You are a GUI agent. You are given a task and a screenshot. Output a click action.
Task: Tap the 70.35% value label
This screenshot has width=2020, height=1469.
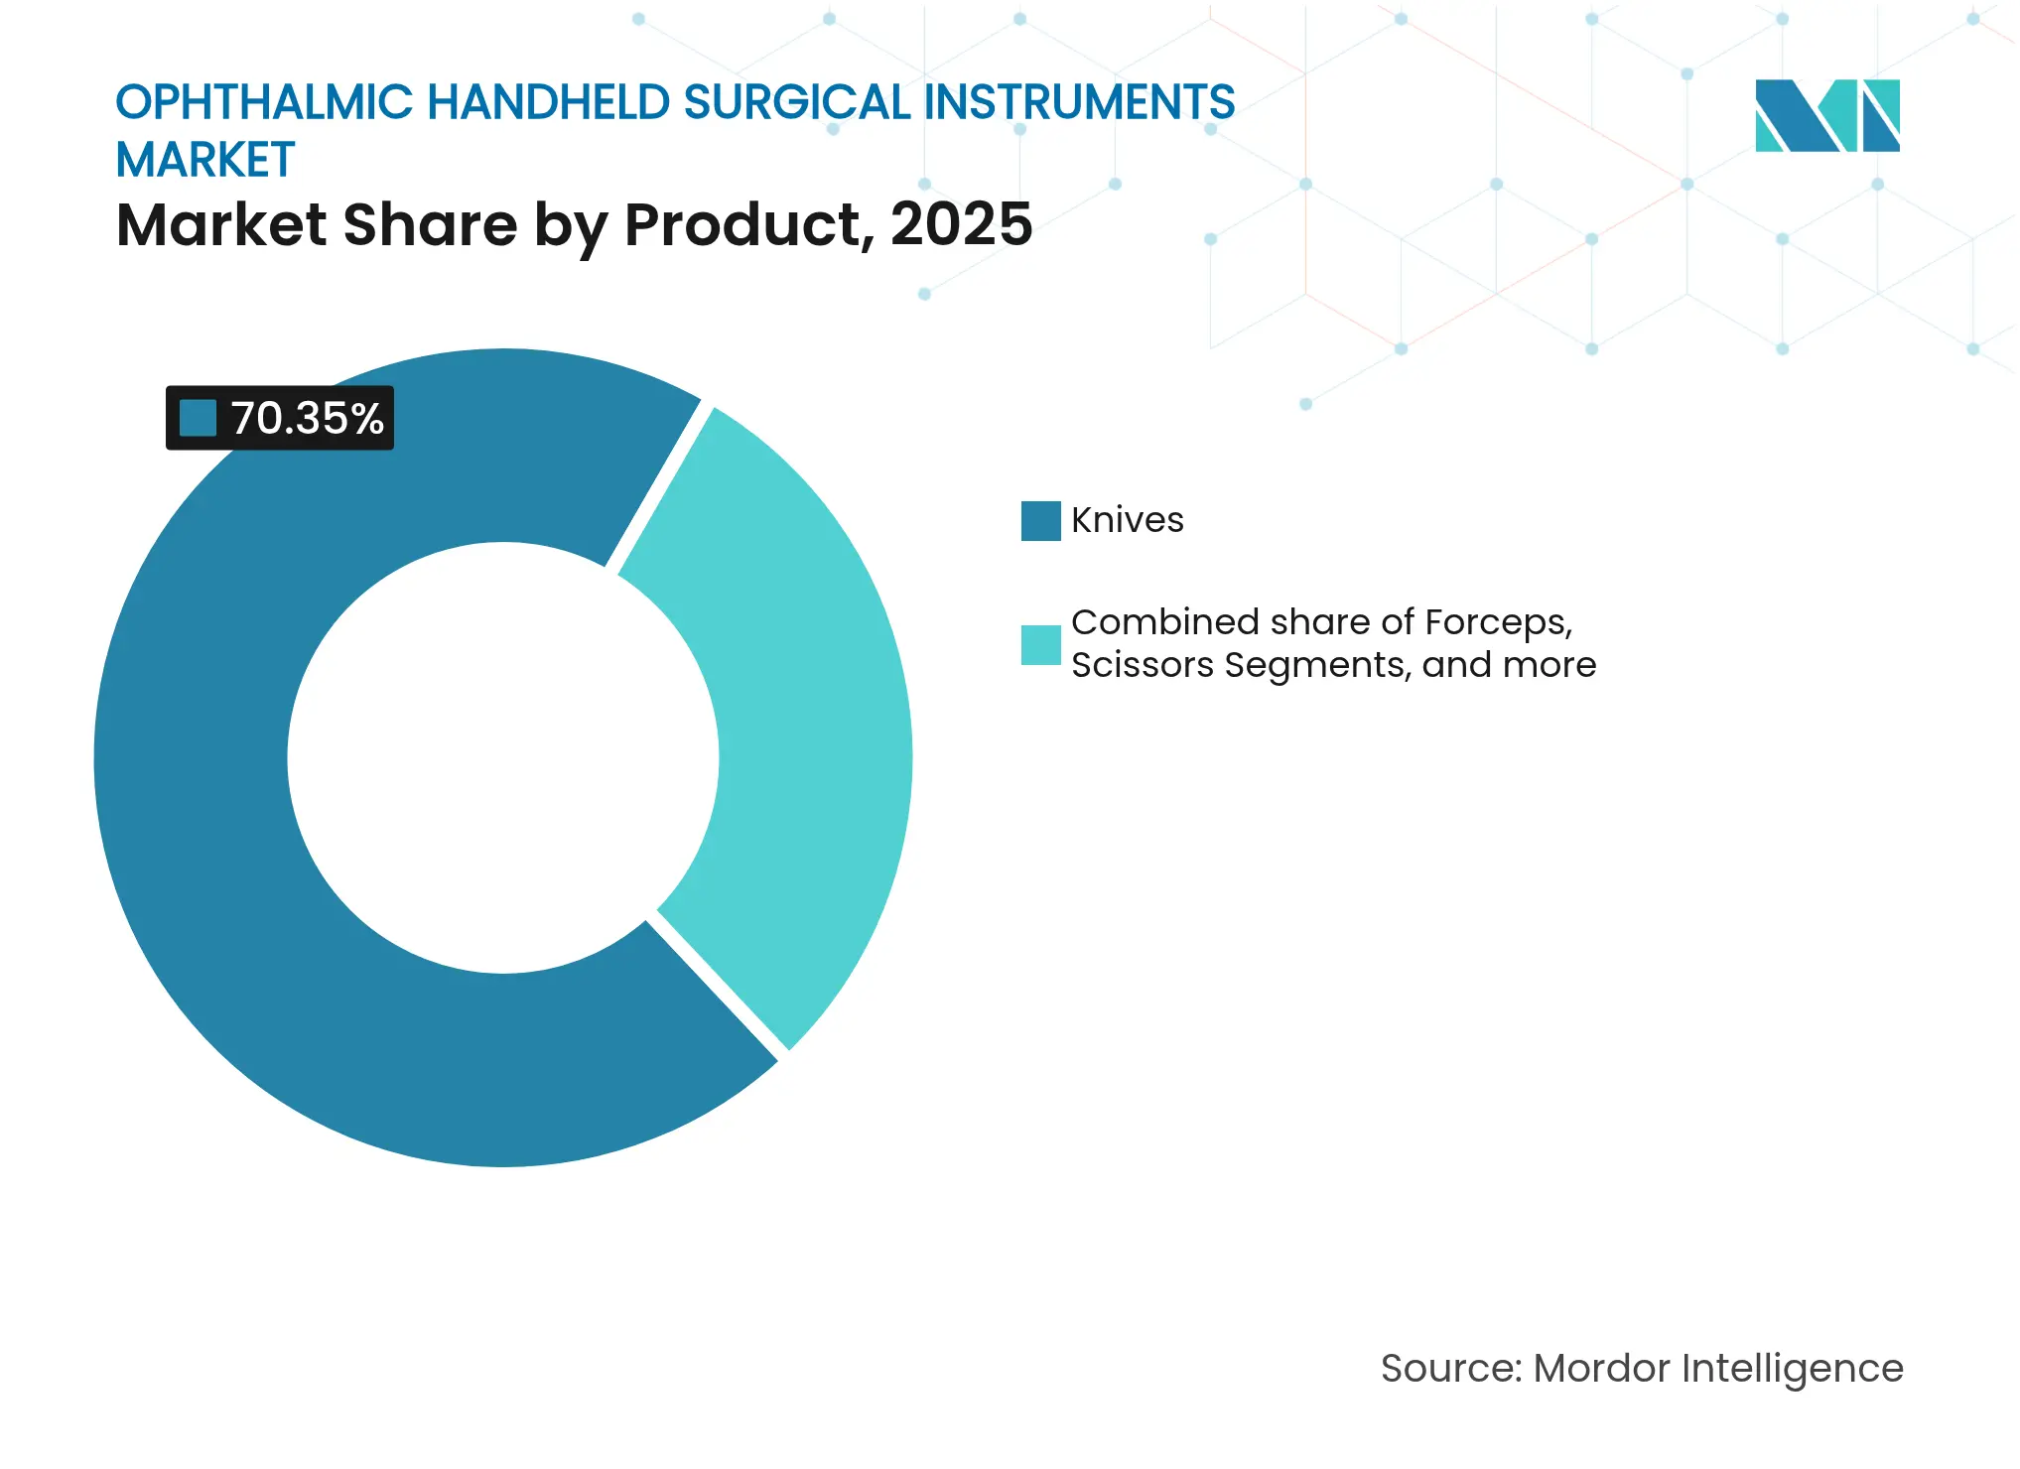tap(307, 418)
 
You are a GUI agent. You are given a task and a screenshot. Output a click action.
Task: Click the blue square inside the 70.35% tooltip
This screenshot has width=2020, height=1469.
tap(198, 418)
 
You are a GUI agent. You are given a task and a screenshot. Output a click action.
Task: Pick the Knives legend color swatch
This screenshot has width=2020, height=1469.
tap(1040, 520)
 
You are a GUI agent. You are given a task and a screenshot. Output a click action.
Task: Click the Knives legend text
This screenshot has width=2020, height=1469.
tap(1128, 520)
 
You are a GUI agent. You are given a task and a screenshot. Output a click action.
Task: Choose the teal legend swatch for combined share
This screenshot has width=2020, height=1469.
tap(1040, 644)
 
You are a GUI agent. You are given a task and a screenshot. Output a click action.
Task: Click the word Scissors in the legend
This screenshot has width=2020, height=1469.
tap(1142, 664)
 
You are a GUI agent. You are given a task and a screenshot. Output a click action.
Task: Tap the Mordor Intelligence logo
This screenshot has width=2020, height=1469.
tap(1827, 115)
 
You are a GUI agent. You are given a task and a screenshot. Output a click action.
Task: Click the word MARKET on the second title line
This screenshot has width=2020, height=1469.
tap(205, 160)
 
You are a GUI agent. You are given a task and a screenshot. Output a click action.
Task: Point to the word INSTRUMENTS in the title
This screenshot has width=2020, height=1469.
tap(1080, 102)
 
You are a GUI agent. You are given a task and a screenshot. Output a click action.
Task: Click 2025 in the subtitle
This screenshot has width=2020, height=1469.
tap(961, 224)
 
